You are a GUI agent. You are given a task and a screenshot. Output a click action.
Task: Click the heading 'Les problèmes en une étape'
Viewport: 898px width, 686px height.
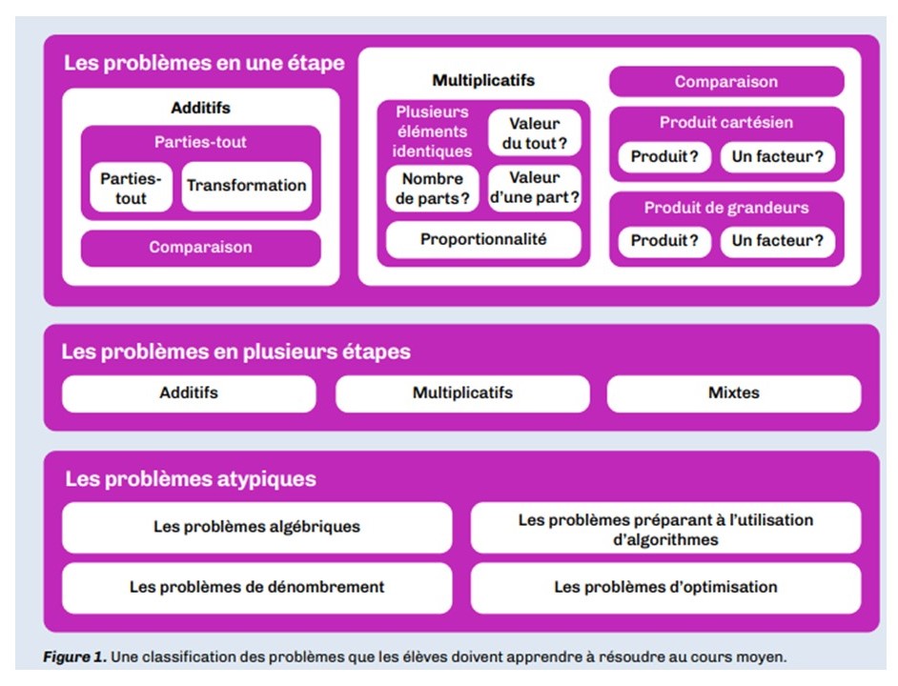click(x=204, y=63)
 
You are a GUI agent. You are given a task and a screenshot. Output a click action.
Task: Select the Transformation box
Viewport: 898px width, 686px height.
click(x=247, y=186)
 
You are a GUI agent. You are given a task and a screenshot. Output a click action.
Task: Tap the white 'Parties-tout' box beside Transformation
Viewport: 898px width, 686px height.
click(x=132, y=188)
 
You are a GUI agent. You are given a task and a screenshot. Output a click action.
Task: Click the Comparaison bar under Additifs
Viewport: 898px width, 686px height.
click(x=200, y=248)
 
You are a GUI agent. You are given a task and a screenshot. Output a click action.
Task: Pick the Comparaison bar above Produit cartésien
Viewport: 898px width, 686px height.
click(x=726, y=81)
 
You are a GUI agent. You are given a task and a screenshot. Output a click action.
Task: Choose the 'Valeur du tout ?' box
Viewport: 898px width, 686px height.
click(x=535, y=132)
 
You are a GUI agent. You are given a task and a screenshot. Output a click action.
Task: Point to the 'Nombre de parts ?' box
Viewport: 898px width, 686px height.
click(x=433, y=189)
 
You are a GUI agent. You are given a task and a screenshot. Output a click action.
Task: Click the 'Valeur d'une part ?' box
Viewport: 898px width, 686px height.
click(x=535, y=188)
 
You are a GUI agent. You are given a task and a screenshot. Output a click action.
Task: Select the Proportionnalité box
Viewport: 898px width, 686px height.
click(x=483, y=239)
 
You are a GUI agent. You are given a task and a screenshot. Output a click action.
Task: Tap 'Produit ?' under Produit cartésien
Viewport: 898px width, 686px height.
click(x=664, y=156)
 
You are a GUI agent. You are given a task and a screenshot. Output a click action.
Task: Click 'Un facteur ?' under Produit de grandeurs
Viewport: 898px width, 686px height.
click(x=777, y=240)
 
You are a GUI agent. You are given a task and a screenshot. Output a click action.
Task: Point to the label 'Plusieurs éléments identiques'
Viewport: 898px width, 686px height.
click(x=432, y=131)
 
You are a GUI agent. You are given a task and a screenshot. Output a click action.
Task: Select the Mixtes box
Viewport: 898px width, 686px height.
click(x=734, y=393)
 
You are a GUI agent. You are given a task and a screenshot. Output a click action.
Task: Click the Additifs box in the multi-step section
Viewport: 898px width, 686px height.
click(x=189, y=393)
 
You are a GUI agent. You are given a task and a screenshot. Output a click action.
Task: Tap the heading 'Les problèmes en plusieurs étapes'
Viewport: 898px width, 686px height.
click(x=236, y=352)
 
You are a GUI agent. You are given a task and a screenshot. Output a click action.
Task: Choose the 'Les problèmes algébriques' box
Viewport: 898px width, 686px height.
click(x=256, y=528)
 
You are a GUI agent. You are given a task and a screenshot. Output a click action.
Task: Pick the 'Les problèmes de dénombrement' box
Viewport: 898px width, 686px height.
click(x=256, y=588)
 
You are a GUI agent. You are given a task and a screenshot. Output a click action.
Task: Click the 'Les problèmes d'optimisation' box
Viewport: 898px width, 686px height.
click(x=665, y=588)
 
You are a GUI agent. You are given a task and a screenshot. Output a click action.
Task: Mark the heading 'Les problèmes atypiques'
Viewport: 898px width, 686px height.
click(x=190, y=478)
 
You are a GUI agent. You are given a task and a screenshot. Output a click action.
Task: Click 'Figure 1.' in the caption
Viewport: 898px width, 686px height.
click(x=74, y=656)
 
